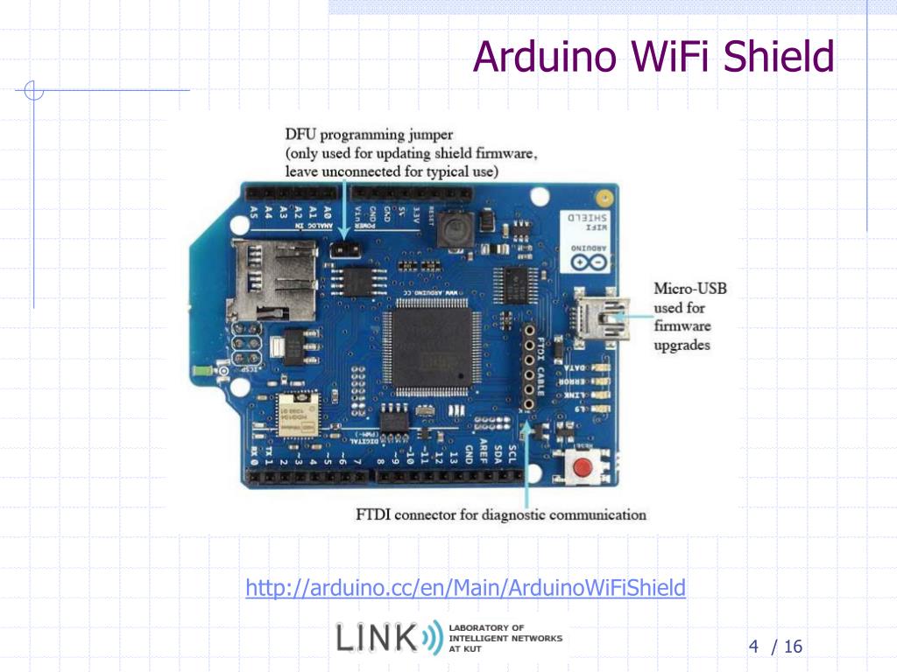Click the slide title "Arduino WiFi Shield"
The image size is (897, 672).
[653, 58]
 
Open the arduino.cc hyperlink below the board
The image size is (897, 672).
[465, 588]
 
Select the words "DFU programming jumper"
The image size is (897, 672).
[369, 135]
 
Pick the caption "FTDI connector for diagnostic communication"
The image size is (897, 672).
[501, 514]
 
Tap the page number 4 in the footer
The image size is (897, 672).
[752, 647]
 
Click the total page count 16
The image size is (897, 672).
[793, 647]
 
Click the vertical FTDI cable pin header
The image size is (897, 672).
[529, 367]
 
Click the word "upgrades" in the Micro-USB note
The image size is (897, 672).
[682, 345]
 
